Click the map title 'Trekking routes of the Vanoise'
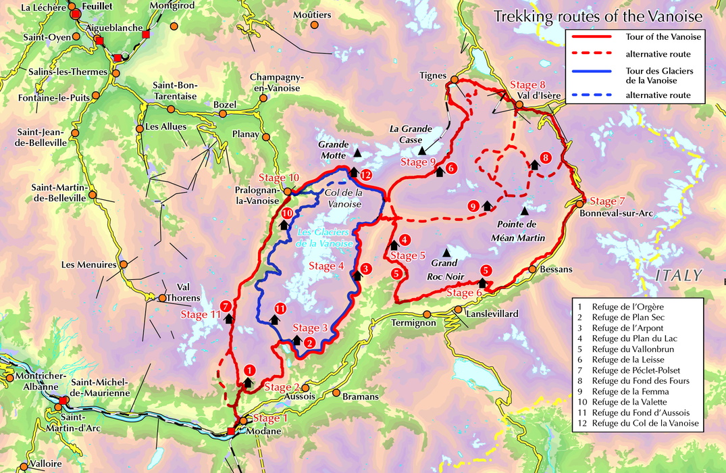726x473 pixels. pyautogui.click(x=598, y=16)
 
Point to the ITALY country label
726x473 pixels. pyautogui.click(x=679, y=275)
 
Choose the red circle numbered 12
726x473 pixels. pyautogui.click(x=365, y=175)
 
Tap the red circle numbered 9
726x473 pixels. pyautogui.click(x=473, y=206)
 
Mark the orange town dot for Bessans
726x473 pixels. pyautogui.click(x=533, y=269)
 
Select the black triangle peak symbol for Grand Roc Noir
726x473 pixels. pyautogui.click(x=446, y=252)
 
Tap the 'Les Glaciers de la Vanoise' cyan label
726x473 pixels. pyautogui.click(x=325, y=236)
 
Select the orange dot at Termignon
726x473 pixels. pyautogui.click(x=427, y=314)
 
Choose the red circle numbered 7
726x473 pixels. pyautogui.click(x=226, y=305)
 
